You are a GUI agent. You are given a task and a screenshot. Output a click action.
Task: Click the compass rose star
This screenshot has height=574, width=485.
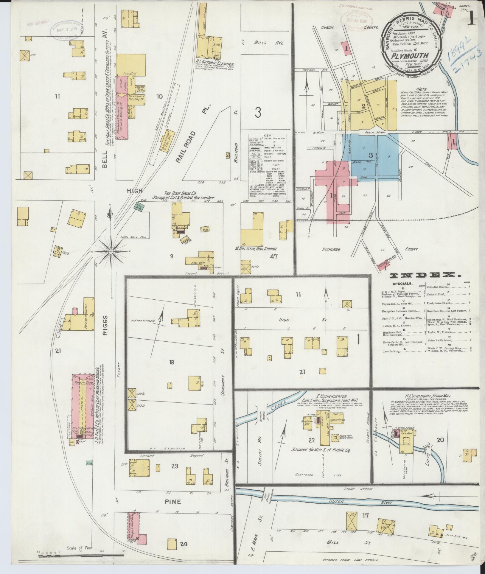(111, 252)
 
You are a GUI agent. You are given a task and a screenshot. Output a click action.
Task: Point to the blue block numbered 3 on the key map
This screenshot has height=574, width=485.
(370, 155)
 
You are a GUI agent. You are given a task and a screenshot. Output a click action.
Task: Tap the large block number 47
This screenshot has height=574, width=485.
(273, 256)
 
